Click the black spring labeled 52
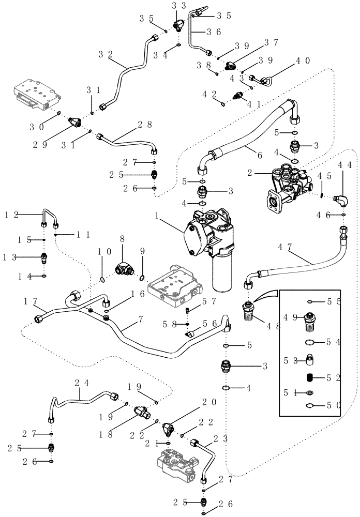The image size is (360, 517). (x=308, y=378)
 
